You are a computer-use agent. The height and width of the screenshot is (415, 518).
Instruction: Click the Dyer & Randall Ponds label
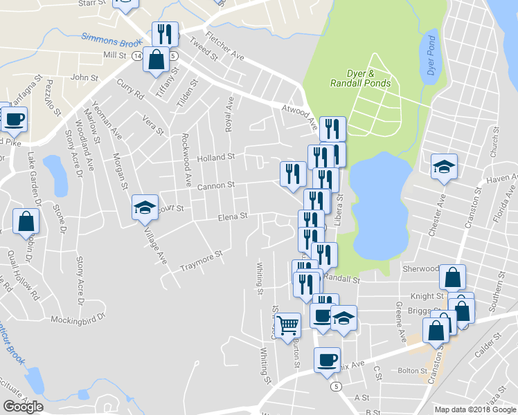(x=368, y=78)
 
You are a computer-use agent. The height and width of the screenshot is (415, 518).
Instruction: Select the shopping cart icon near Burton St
(x=287, y=324)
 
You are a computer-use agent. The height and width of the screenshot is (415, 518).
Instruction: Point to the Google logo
(x=23, y=407)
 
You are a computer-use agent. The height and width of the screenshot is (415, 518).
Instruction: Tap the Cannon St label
(x=216, y=185)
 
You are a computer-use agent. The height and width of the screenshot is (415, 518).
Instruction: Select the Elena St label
(x=233, y=216)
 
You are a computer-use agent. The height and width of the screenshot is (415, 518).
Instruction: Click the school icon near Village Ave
(x=145, y=207)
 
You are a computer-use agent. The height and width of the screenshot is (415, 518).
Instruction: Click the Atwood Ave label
(x=299, y=113)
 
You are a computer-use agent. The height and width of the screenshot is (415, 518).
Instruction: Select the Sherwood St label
(x=421, y=268)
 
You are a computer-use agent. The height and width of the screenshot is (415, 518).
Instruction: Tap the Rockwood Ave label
(x=186, y=160)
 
